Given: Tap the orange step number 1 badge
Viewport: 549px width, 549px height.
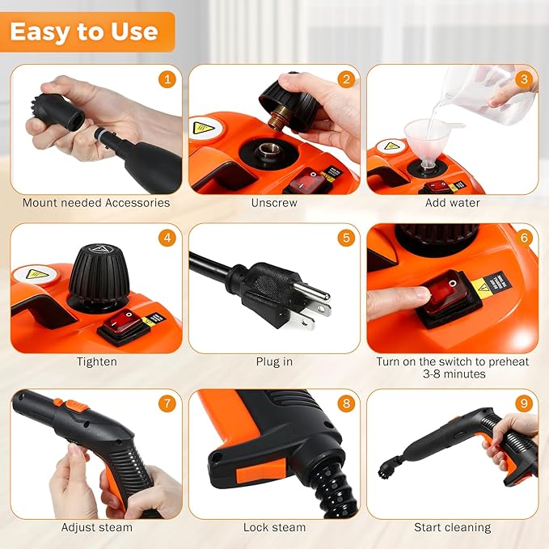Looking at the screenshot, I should click(x=167, y=78).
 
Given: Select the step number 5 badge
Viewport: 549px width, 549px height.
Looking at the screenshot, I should click(x=346, y=239).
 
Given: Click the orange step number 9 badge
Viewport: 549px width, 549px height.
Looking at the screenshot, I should click(x=524, y=403).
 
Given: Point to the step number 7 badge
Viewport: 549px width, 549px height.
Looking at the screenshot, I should click(x=167, y=403).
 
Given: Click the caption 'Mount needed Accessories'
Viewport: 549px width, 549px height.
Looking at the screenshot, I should click(x=96, y=203).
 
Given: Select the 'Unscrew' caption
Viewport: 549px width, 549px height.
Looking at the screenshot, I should click(x=274, y=203).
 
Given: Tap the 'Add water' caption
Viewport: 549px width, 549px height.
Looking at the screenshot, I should click(x=452, y=203).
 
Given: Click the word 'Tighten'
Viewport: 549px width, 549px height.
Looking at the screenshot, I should click(x=96, y=361).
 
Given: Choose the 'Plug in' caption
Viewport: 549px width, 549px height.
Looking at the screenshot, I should click(x=274, y=361).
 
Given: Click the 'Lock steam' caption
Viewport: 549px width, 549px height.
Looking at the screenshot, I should click(x=274, y=527).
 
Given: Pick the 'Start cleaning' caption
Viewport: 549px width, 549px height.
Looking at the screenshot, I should click(x=452, y=527).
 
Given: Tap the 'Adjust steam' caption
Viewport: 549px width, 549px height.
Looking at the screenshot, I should click(x=96, y=527).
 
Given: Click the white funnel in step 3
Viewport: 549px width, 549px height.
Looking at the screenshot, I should click(x=425, y=135).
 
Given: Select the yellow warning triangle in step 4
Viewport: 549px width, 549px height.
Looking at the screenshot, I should click(x=33, y=274).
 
